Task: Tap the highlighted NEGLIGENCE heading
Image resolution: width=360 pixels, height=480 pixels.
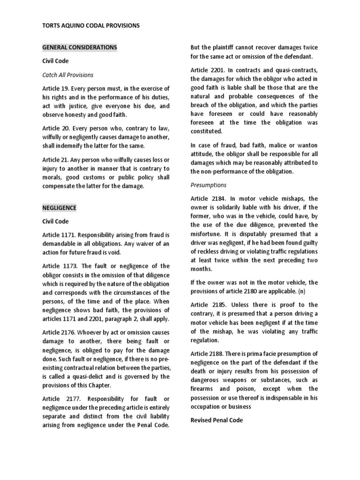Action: [x=59, y=207]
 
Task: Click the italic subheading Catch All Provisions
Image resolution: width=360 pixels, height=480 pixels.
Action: [x=68, y=75]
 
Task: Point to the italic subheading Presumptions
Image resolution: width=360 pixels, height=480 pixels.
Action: [x=208, y=185]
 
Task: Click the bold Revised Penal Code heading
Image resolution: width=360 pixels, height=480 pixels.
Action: [x=217, y=420]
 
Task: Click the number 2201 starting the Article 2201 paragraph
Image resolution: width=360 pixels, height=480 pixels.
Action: [x=222, y=70]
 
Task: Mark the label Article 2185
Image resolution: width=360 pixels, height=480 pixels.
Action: [x=209, y=305]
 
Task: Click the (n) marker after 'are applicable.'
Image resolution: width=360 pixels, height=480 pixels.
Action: [x=302, y=291]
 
